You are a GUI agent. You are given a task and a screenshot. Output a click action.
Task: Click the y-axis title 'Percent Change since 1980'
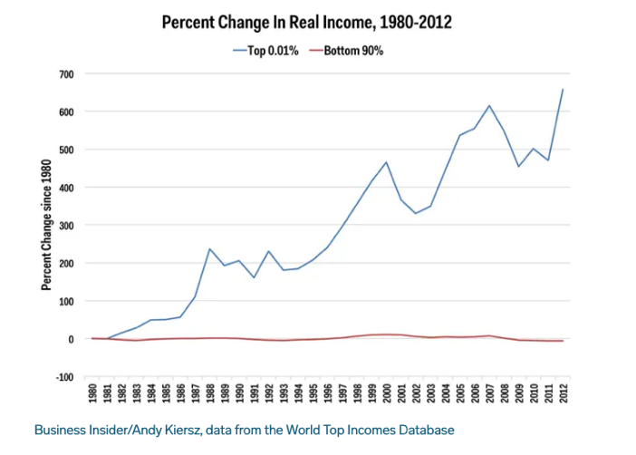point(46,225)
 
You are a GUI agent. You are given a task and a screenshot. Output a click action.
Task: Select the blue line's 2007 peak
point(490,106)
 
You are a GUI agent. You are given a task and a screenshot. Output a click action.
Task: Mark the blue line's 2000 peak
point(387,162)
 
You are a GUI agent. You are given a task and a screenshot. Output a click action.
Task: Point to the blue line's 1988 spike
point(210,249)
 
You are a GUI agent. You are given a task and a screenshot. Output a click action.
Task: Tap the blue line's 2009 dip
point(518,167)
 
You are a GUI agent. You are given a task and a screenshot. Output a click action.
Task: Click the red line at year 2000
point(387,334)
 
